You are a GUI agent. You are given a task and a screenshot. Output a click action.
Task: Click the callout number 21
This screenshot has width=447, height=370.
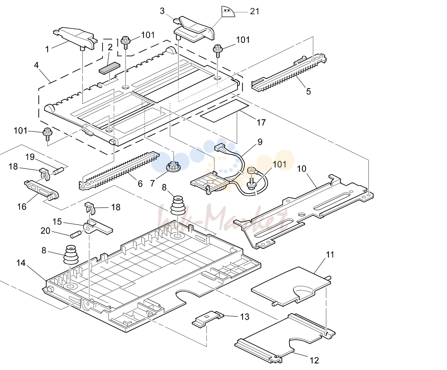tap(254, 12)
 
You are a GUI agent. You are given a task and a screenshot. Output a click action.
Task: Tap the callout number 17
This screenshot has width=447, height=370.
tap(261, 122)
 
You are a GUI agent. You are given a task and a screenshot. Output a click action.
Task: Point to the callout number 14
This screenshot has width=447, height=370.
tap(21, 263)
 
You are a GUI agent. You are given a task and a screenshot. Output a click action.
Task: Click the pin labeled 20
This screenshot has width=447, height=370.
tap(76, 235)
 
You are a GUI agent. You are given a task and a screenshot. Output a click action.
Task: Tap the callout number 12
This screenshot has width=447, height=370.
tap(314, 360)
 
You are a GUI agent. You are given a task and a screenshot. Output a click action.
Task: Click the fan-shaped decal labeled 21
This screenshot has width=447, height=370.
tap(228, 12)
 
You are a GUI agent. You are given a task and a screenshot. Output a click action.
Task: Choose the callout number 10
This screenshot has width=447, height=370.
tap(302, 169)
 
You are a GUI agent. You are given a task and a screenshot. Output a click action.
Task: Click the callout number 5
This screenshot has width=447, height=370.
tap(309, 91)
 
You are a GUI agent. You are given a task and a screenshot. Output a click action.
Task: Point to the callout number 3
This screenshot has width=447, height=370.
tap(162, 11)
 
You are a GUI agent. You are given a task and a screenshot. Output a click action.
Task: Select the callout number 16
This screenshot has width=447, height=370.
tap(22, 207)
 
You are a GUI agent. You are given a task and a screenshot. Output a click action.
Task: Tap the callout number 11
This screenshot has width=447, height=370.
tap(330, 255)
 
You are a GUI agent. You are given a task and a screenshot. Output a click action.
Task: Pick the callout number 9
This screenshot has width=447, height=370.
tap(260, 142)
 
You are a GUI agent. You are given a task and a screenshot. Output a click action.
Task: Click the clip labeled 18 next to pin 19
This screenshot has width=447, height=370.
tap(44, 174)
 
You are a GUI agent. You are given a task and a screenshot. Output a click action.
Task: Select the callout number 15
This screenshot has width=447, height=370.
tap(57, 222)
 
